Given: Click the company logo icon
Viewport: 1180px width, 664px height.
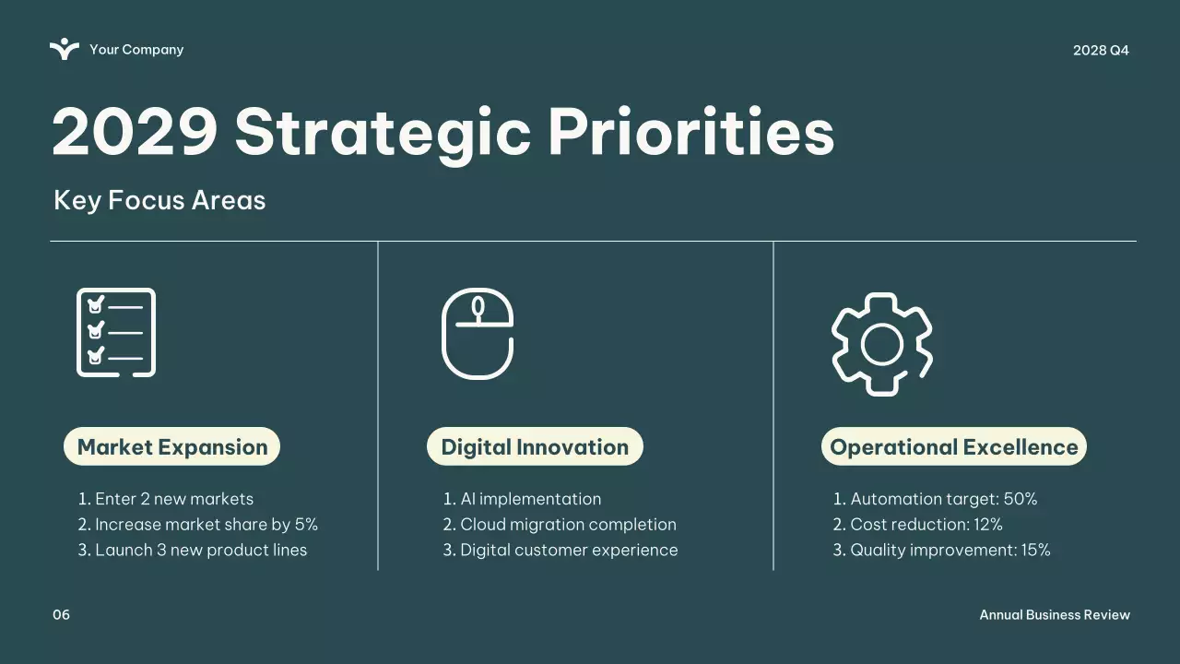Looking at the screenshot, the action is pyautogui.click(x=65, y=49).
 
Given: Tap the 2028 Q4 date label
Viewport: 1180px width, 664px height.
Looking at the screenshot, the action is pyautogui.click(x=1101, y=50).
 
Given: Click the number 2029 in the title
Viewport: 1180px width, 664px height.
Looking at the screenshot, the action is pyautogui.click(x=135, y=131).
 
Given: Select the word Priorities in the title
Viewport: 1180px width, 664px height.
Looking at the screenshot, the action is pyautogui.click(x=691, y=131).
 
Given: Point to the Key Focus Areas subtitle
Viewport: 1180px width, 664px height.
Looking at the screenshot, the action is pyautogui.click(x=159, y=200).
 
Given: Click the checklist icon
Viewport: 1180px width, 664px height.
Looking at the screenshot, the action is pyautogui.click(x=116, y=333).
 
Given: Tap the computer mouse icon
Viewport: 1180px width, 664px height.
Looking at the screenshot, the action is pyautogui.click(x=478, y=334).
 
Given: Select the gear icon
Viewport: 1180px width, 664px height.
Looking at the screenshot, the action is pyautogui.click(x=882, y=344).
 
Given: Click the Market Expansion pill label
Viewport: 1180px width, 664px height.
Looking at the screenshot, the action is pyautogui.click(x=171, y=446).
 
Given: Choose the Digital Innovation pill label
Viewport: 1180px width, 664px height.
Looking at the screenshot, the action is pyautogui.click(x=535, y=446).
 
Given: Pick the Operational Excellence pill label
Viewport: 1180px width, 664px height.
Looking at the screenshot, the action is pyautogui.click(x=953, y=446).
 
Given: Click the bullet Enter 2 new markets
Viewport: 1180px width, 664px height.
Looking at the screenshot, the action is pyautogui.click(x=165, y=499).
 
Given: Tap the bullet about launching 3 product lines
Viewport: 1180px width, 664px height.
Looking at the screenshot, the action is pyautogui.click(x=193, y=550).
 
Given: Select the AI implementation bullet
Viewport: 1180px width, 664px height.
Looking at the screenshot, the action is pyautogui.click(x=522, y=499).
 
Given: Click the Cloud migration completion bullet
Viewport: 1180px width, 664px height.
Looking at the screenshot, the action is pyautogui.click(x=560, y=525).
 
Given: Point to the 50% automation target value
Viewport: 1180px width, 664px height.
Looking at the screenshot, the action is pyautogui.click(x=1021, y=499).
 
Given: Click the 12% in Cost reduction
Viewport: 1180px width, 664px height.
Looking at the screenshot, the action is pyautogui.click(x=987, y=525).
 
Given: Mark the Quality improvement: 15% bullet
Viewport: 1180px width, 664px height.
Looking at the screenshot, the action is pyautogui.click(x=941, y=550).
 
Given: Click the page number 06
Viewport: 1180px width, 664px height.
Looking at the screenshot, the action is pyautogui.click(x=61, y=614).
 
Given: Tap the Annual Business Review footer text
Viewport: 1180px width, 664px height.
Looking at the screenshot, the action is pyautogui.click(x=1055, y=614).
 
